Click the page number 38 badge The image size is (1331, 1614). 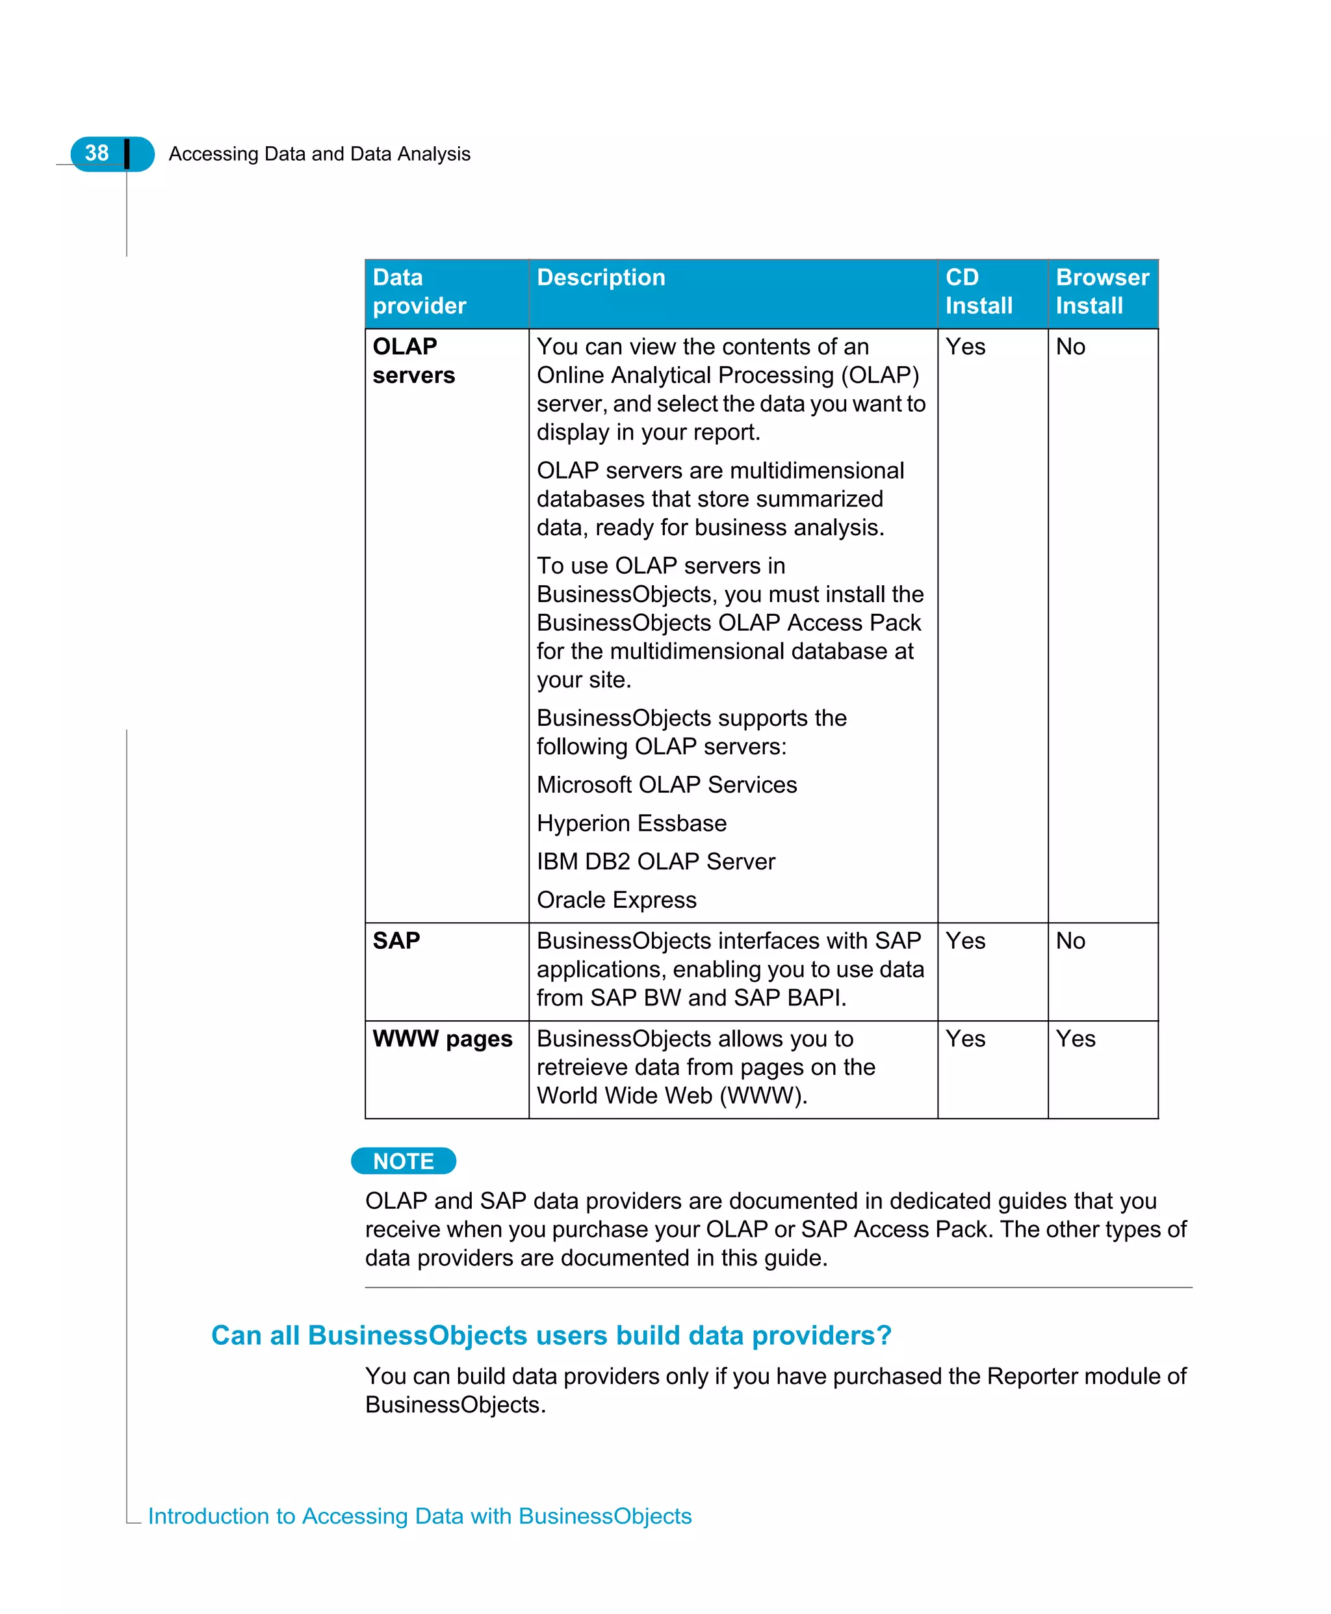pos(98,153)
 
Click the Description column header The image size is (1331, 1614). pos(601,278)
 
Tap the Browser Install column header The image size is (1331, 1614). pos(1102,291)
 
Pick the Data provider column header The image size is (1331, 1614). pos(419,291)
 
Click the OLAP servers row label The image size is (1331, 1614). pos(413,360)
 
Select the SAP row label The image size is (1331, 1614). pos(396,940)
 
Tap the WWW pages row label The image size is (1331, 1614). pos(443,1039)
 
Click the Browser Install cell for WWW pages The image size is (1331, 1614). pos(1075,1039)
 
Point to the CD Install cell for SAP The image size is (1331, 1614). pos(965,940)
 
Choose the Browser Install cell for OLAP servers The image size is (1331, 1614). pos(1070,347)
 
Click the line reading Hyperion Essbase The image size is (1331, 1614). pos(631,823)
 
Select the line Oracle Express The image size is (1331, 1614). pos(616,900)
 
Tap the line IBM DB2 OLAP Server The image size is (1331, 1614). pos(656,862)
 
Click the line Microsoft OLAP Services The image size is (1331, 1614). pos(666,785)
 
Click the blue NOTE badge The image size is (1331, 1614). pos(404,1161)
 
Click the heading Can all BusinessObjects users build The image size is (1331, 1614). pos(550,1336)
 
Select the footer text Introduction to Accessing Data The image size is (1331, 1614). pos(419,1516)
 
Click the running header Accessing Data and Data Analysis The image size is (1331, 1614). pos(319,154)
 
